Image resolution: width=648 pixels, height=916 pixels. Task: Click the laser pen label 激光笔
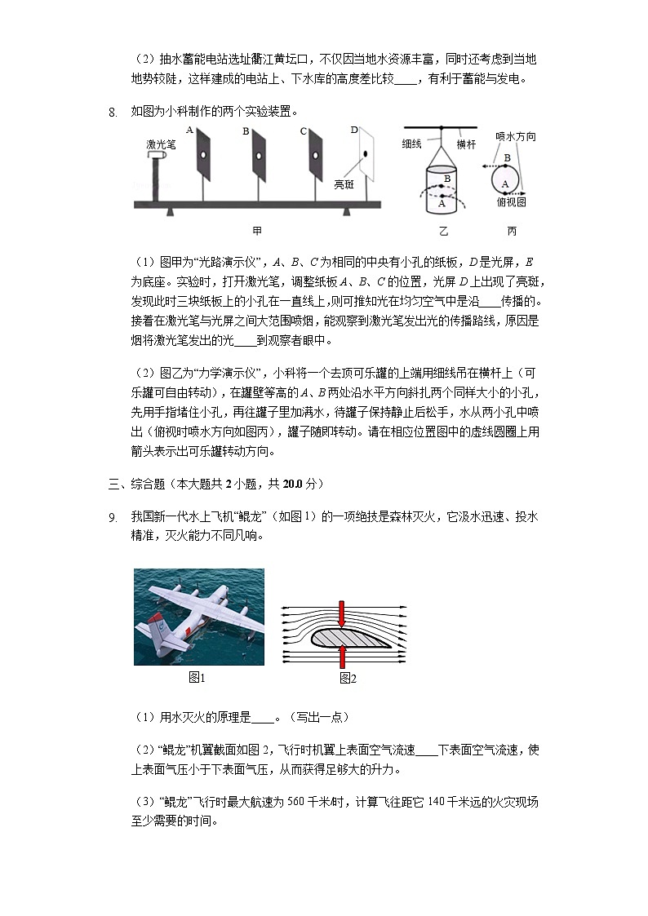click(159, 144)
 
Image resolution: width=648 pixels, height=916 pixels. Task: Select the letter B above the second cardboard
click(245, 131)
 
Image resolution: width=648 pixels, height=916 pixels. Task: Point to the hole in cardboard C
click(313, 155)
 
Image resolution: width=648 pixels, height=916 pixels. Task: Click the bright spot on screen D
click(365, 153)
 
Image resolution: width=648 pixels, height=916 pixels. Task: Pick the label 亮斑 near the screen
click(344, 184)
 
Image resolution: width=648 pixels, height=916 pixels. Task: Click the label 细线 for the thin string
click(411, 144)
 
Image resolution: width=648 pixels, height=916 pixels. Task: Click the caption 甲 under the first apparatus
click(257, 231)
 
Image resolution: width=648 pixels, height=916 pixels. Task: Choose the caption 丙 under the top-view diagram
click(512, 231)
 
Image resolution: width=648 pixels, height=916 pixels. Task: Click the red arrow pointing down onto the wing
click(341, 615)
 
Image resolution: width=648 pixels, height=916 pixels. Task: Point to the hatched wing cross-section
click(360, 636)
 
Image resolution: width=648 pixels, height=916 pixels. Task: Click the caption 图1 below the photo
click(197, 677)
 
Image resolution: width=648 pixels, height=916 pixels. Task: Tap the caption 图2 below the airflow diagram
click(348, 677)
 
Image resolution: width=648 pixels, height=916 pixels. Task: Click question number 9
click(113, 517)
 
